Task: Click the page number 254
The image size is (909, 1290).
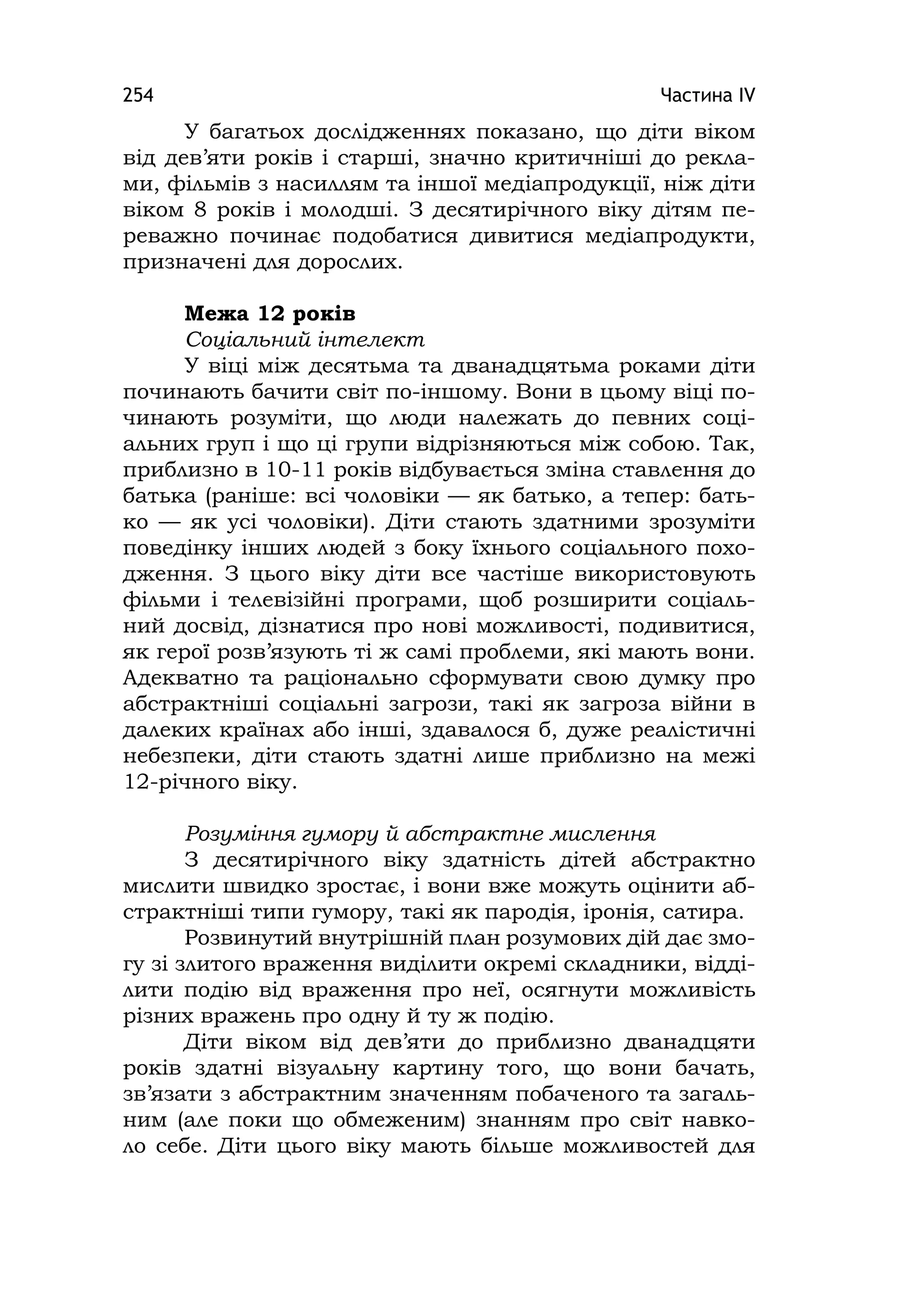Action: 138,95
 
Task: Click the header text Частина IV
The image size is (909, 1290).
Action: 707,95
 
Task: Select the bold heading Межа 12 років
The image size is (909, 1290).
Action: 270,313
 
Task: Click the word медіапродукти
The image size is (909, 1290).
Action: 670,237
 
